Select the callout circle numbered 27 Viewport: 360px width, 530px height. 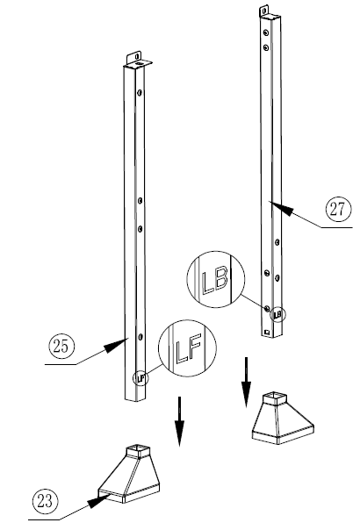pyautogui.click(x=335, y=210)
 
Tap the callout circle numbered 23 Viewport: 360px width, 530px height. pyautogui.click(x=44, y=501)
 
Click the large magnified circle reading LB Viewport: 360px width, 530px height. pyautogui.click(x=213, y=280)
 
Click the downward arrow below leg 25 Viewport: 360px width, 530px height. pyautogui.click(x=179, y=421)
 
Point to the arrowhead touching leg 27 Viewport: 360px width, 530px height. pyautogui.click(x=280, y=205)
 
